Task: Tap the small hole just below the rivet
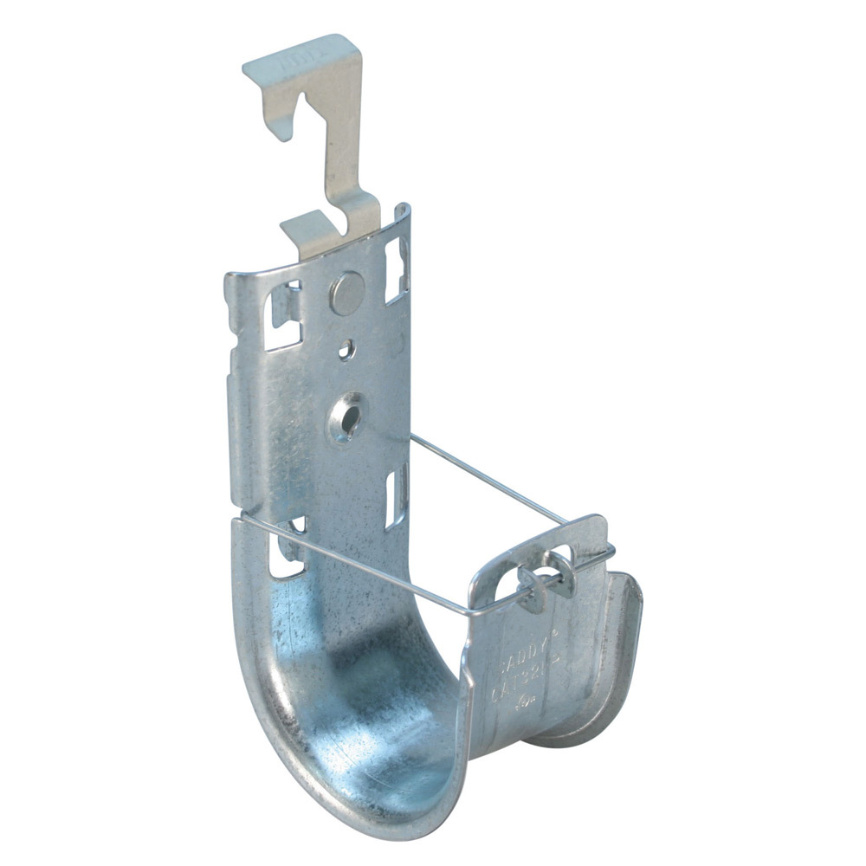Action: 346,349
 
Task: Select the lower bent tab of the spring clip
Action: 308,231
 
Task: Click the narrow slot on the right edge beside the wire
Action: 398,494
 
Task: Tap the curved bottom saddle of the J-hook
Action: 381,736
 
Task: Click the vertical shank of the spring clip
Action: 342,156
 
